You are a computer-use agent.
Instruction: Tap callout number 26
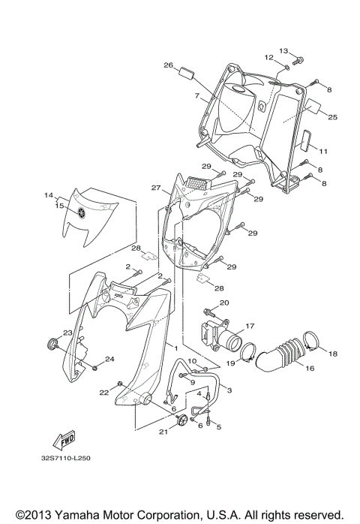click(x=169, y=65)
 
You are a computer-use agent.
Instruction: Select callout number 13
click(x=284, y=50)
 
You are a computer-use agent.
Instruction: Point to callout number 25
click(x=333, y=116)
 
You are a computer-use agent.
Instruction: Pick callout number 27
click(x=156, y=188)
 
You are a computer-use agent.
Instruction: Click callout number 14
click(x=49, y=194)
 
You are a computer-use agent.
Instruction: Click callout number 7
click(x=196, y=96)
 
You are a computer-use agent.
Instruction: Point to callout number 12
click(x=268, y=57)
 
